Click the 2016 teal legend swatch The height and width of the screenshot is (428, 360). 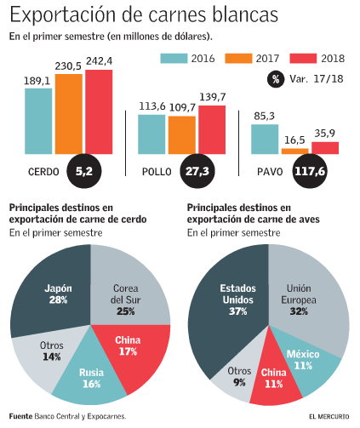coord(174,58)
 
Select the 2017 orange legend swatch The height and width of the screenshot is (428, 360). coord(237,58)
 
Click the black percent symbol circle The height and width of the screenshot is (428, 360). coord(277,79)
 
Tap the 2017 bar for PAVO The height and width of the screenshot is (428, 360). coord(294,150)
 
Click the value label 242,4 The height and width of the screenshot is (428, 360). coord(99,61)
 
